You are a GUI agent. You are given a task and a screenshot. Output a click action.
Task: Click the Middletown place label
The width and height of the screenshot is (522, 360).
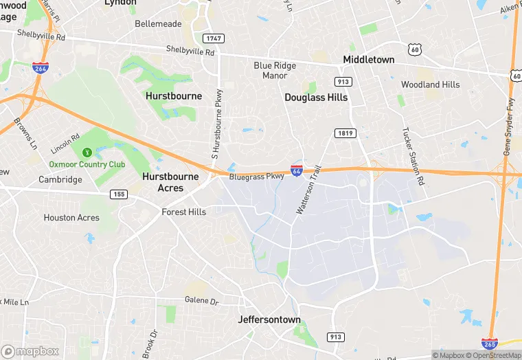pos(369,60)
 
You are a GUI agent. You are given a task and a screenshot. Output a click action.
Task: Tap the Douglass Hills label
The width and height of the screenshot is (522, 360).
pos(316,98)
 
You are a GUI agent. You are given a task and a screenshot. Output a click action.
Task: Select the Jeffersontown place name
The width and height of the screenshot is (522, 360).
pos(269,319)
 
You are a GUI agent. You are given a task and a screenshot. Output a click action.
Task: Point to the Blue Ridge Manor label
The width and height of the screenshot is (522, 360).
pos(275,70)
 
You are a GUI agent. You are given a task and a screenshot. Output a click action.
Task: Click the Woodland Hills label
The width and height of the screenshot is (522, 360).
pos(431,85)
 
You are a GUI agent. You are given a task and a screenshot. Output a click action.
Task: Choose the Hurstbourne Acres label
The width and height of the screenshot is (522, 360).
pos(170,182)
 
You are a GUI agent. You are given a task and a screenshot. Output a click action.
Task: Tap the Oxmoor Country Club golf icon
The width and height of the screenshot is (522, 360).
pos(87,153)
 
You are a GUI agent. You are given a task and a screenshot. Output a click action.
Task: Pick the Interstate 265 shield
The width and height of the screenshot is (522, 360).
pos(490,344)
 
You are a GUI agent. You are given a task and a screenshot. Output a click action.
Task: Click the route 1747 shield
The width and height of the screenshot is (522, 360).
pos(213,38)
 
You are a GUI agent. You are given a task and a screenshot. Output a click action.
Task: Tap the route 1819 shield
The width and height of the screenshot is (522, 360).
pos(345,133)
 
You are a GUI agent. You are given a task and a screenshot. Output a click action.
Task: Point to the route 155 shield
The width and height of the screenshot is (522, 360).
pos(117,195)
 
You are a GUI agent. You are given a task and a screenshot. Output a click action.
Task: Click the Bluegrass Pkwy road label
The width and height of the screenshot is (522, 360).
pos(256,177)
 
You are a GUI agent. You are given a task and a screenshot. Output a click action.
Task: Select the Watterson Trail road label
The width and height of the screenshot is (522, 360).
pos(308,190)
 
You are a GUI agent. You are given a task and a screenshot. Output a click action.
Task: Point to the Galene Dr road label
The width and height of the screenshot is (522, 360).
pos(201,301)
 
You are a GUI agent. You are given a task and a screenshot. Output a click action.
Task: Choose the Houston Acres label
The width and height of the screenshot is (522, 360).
pos(71,218)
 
